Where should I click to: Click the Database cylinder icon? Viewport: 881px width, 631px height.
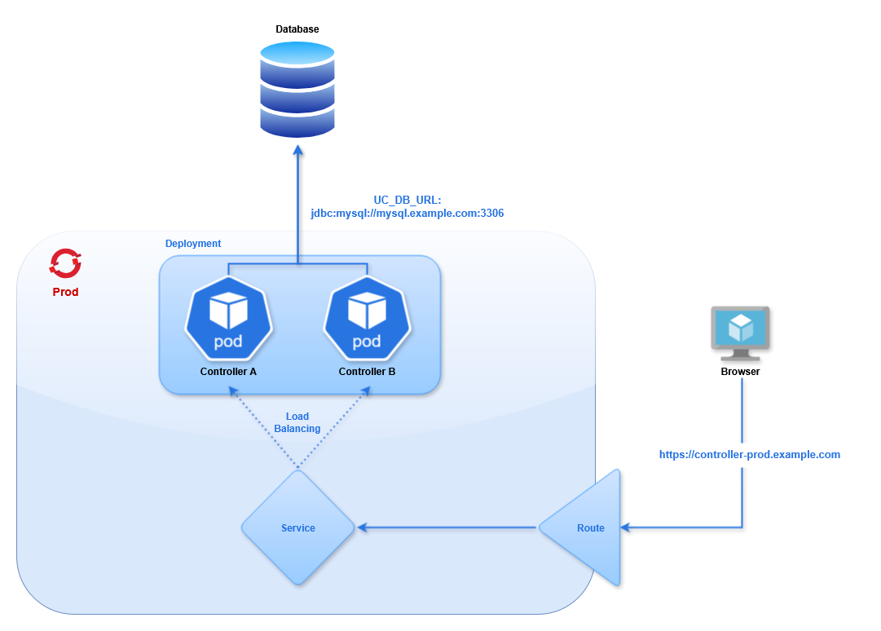pyautogui.click(x=297, y=90)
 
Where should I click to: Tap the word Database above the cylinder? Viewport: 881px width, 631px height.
pyautogui.click(x=297, y=29)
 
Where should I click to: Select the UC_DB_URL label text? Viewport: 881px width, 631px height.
pyautogui.click(x=407, y=200)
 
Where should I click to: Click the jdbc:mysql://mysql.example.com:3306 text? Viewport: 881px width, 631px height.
pyautogui.click(x=407, y=214)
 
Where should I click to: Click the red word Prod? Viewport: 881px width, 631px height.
pyautogui.click(x=65, y=292)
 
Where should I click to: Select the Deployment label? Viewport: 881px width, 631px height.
pyautogui.click(x=193, y=244)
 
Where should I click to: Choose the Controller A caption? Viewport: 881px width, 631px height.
pyautogui.click(x=228, y=372)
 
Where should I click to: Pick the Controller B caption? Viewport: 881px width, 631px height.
pyautogui.click(x=367, y=372)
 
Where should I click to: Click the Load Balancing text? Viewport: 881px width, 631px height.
pyautogui.click(x=297, y=422)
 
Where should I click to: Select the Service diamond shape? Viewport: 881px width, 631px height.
pyautogui.click(x=297, y=527)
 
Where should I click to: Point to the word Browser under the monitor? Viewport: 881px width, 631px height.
pyautogui.click(x=741, y=372)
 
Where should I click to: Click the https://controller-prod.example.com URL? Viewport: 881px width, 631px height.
pyautogui.click(x=750, y=455)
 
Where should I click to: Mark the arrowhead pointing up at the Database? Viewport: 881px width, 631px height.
pyautogui.click(x=297, y=152)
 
